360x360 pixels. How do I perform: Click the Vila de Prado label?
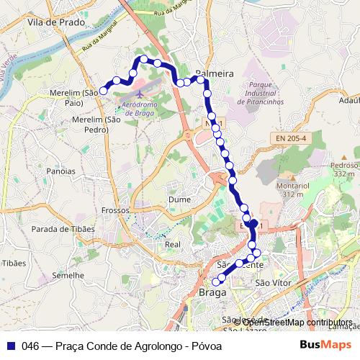(55, 22)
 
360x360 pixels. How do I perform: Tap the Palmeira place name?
(215, 73)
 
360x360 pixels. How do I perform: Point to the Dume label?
(179, 199)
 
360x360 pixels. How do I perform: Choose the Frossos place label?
(115, 210)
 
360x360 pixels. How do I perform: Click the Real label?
(173, 244)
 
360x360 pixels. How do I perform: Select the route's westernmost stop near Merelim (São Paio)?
(104, 91)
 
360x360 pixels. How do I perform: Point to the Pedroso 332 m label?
(344, 169)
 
